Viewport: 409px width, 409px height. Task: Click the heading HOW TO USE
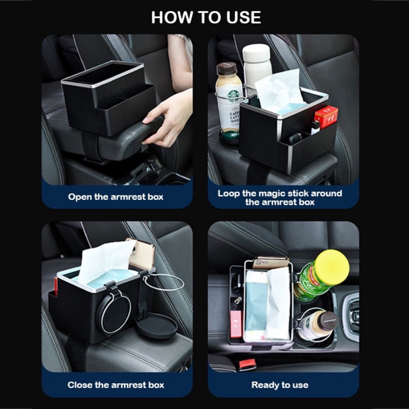206,17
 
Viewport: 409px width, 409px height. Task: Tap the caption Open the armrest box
116,197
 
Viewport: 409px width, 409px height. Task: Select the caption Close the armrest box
116,385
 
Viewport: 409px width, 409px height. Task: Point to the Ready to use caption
280,385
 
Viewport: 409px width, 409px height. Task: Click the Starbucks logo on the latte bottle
234,96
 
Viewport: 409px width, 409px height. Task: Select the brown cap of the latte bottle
226,69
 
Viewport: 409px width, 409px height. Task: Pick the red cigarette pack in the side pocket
326,117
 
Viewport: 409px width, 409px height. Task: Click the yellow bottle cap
332,267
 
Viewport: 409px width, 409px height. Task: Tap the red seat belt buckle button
247,363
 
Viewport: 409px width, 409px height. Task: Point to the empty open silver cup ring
164,282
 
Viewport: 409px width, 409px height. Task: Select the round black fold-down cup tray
156,326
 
